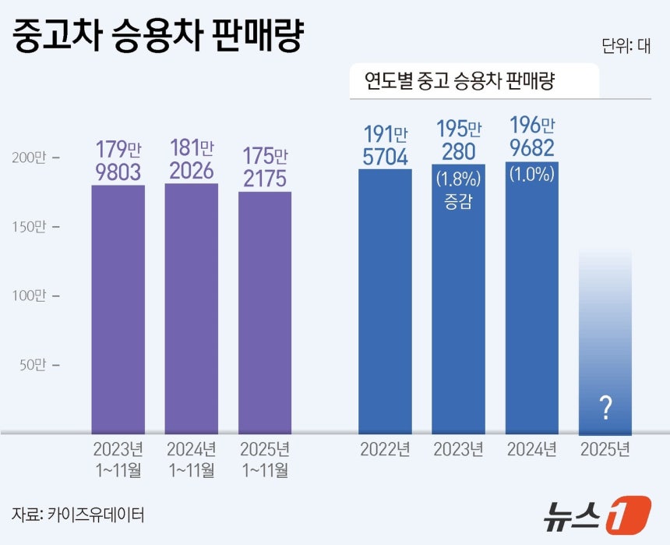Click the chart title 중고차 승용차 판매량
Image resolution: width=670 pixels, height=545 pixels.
coord(157,36)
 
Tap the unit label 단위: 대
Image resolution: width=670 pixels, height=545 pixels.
coord(626,45)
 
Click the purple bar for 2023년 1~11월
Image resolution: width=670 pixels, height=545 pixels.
coord(118,308)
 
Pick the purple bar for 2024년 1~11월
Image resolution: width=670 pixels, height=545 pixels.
coord(191,308)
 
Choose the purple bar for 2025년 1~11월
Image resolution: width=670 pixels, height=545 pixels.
coord(265,312)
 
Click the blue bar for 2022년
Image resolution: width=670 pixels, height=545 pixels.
coord(385,300)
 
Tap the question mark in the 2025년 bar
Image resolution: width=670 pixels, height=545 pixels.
coord(605,407)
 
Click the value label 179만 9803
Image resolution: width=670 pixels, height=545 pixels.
coord(118,161)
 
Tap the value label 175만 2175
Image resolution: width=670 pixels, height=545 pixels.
coord(265,166)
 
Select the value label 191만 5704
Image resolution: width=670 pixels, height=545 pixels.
coord(385,145)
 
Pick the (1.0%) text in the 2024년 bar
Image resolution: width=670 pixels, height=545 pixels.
coord(531,175)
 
